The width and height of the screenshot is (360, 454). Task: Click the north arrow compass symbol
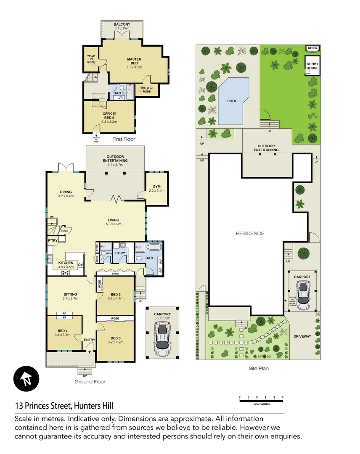(26, 378)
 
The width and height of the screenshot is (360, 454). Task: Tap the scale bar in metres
(261, 401)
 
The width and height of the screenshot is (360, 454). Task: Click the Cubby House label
(312, 65)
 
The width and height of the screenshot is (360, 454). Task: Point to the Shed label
(312, 48)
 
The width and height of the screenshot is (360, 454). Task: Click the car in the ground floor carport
(162, 340)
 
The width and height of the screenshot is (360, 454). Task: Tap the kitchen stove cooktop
(66, 272)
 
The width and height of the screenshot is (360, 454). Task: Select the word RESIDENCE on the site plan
(250, 233)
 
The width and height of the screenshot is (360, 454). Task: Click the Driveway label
(302, 336)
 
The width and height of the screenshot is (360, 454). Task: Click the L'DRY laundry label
(120, 253)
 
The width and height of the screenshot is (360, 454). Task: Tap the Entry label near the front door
(89, 340)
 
